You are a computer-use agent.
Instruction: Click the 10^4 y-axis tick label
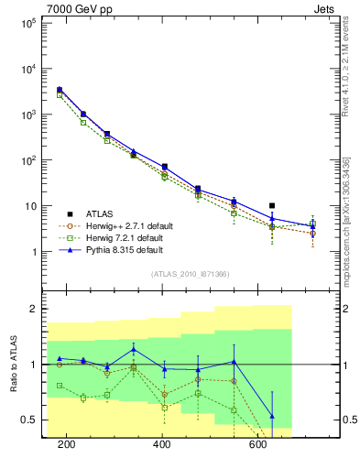click(x=30, y=69)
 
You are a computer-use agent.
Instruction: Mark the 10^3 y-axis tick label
click(x=30, y=115)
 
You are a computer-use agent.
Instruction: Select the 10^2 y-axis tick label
click(x=30, y=160)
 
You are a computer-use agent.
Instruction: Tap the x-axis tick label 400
click(x=162, y=445)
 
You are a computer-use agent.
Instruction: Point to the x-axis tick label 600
click(x=258, y=445)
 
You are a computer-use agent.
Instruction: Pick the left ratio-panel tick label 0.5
click(x=31, y=420)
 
